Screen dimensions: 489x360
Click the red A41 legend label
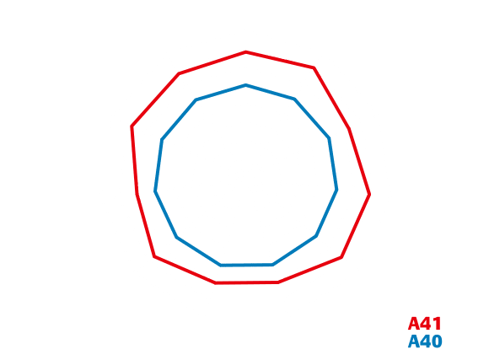click(425, 324)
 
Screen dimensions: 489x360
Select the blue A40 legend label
click(425, 341)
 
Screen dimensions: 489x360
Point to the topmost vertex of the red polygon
click(245, 52)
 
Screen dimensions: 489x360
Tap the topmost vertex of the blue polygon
click(245, 85)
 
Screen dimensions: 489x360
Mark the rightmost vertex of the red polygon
click(369, 195)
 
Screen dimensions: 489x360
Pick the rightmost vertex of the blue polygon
click(336, 190)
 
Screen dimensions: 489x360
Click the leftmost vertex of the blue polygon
click(155, 191)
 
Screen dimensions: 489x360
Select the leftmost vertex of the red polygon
click(132, 126)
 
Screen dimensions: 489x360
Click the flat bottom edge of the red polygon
click(247, 282)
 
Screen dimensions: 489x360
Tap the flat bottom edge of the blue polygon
click(247, 266)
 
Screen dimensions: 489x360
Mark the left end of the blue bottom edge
click(221, 266)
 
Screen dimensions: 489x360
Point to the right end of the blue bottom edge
click(273, 265)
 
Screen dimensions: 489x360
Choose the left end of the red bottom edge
click(216, 283)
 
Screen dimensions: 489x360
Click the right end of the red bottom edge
click(278, 282)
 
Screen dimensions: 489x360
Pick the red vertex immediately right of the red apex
click(314, 67)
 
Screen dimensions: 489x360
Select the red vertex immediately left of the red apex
click(179, 73)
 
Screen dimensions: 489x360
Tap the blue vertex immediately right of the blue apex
click(295, 99)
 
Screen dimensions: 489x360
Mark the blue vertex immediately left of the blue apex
click(196, 99)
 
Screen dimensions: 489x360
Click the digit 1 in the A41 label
click(438, 324)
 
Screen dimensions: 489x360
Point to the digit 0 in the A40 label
click(436, 341)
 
